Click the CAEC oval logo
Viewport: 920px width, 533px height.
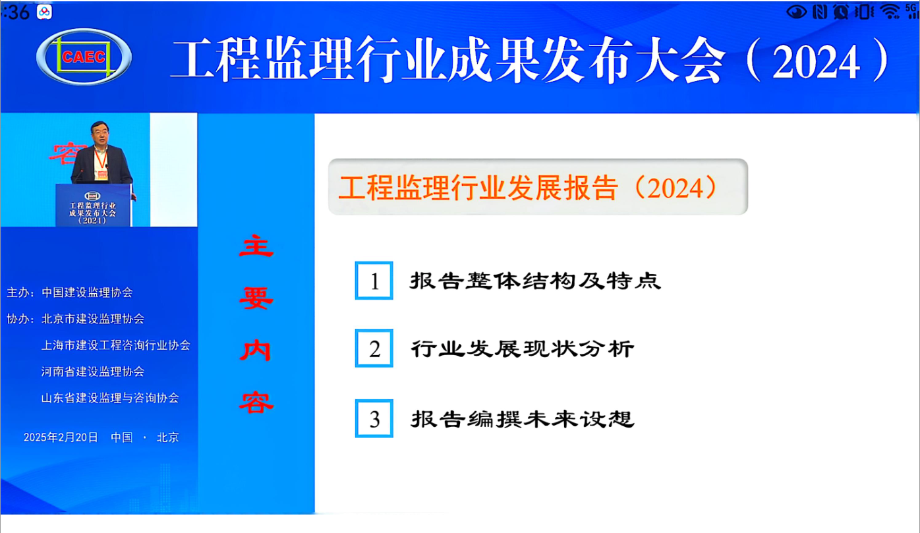click(x=84, y=57)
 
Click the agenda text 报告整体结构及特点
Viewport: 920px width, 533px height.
click(x=535, y=281)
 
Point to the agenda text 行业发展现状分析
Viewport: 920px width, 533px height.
click(x=523, y=349)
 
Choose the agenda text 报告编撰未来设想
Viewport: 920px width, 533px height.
click(x=523, y=419)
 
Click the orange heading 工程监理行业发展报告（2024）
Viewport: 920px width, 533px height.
click(x=528, y=188)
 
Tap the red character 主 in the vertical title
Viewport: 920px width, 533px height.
click(x=256, y=246)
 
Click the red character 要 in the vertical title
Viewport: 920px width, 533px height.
click(x=256, y=298)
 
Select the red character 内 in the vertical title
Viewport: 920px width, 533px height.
click(x=256, y=351)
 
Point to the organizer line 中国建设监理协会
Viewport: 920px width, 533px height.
click(x=87, y=293)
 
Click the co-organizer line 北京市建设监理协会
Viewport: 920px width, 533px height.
click(x=93, y=319)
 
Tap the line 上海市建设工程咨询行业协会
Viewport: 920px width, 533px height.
click(x=116, y=345)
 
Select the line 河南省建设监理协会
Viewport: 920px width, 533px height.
click(x=93, y=372)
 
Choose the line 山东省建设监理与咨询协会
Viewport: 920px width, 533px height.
click(x=110, y=398)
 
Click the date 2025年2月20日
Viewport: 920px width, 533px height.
click(x=61, y=437)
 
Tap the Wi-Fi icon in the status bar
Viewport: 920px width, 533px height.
click(x=890, y=11)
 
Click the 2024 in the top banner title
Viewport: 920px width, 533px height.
click(x=816, y=62)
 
